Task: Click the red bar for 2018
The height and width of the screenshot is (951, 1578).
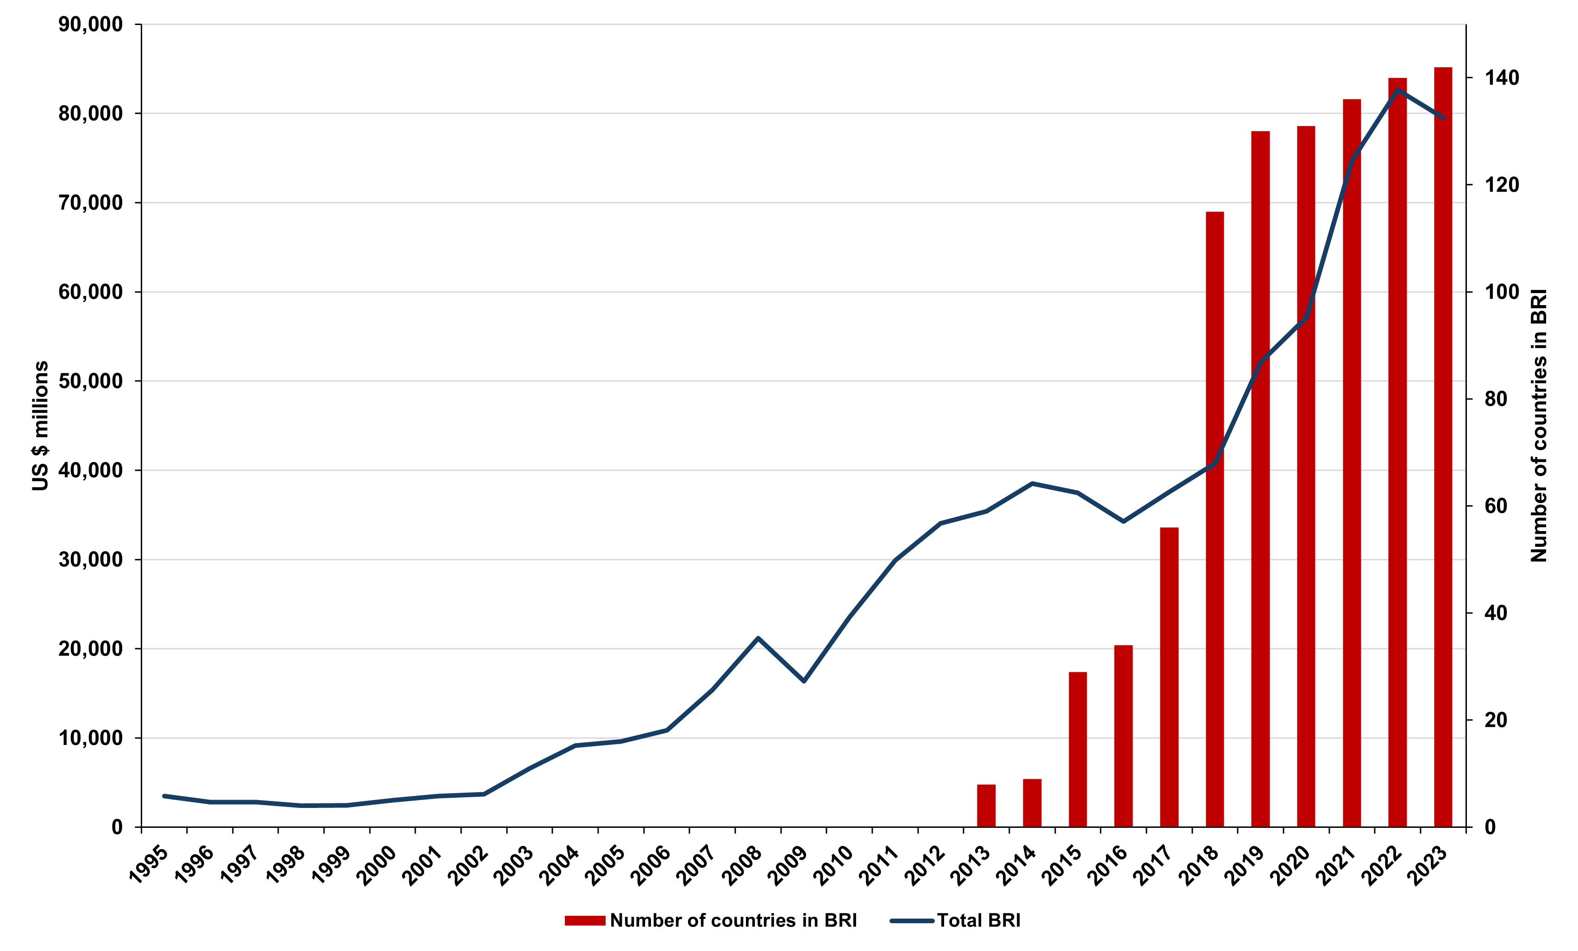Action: point(1215,519)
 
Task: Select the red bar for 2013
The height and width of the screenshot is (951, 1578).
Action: point(986,805)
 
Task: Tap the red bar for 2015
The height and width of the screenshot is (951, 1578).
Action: point(1078,749)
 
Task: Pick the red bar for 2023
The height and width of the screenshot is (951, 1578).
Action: point(1443,448)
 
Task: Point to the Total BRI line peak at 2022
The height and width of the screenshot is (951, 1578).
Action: point(1397,90)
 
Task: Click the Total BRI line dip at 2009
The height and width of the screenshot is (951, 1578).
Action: point(804,681)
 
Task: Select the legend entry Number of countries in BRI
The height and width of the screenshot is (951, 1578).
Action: point(711,920)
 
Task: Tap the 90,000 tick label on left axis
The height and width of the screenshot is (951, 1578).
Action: point(90,25)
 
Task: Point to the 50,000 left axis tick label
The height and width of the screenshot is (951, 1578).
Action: point(90,381)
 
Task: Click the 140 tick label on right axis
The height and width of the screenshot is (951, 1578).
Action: point(1501,77)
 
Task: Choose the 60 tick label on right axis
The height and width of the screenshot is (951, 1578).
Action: point(1496,506)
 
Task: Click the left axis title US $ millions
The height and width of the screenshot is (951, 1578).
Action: point(40,426)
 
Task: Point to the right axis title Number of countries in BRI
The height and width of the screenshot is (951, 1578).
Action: point(1539,426)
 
